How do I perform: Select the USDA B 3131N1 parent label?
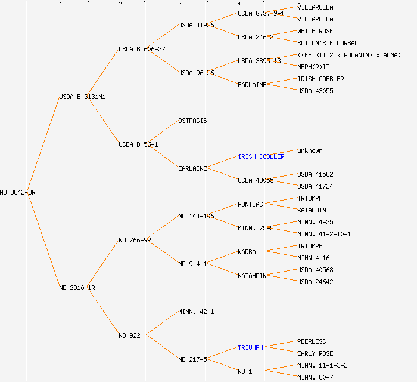[82, 97]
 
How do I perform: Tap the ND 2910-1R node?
[77, 288]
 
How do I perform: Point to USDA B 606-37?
[142, 49]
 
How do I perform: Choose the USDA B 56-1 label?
[138, 144]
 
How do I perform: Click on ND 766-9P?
[135, 240]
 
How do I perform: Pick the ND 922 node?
[129, 335]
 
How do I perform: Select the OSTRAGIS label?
[192, 121]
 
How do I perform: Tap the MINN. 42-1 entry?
[196, 312]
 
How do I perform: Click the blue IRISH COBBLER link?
[261, 156]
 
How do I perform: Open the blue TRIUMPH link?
[250, 347]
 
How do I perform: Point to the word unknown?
[310, 150]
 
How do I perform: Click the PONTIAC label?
[250, 204]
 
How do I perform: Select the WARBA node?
[247, 252]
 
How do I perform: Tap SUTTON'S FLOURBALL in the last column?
[329, 43]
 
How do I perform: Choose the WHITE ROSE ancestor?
[315, 31]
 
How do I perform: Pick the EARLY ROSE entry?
[315, 353]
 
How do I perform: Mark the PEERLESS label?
[312, 341]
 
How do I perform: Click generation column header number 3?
[179, 4]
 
